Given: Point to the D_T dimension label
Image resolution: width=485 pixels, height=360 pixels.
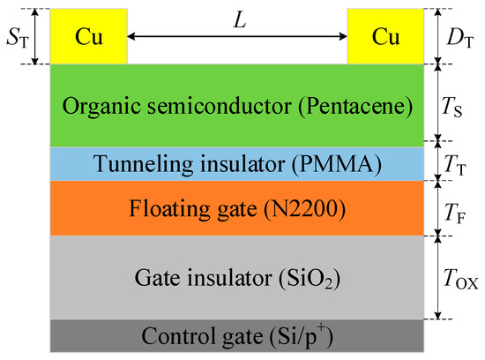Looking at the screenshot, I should pos(456,36).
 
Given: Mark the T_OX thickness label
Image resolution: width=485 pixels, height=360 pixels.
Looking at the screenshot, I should pos(459,277).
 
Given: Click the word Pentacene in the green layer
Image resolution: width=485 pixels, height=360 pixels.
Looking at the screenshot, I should pos(366,108).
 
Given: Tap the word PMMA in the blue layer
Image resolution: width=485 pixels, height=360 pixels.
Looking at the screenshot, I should pos(332,164).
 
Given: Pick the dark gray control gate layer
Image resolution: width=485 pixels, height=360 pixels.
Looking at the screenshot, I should pos(88,340).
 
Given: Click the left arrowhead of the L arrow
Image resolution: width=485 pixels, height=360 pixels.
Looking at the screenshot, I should pos(134,36).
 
